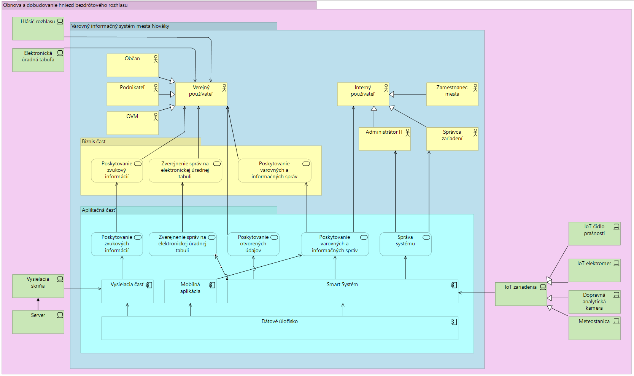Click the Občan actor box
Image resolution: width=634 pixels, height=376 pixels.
132,65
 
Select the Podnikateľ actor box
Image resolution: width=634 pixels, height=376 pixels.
132,94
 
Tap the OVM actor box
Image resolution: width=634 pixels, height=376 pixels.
132,123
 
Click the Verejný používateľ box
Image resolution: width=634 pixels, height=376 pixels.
201,94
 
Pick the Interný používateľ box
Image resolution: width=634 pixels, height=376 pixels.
363,94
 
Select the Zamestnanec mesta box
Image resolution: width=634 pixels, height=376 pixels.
452,94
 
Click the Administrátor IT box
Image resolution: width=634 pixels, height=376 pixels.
385,139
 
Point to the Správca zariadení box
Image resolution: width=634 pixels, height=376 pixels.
452,139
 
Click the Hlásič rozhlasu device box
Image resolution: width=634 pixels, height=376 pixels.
38,28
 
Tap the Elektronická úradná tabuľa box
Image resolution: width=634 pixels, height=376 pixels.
38,60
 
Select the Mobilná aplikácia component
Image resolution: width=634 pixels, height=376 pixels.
190,291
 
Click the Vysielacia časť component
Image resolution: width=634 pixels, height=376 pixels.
127,291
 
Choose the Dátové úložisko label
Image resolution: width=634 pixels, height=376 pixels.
280,322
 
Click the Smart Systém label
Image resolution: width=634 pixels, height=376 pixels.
342,285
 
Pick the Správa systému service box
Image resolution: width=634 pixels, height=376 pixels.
405,244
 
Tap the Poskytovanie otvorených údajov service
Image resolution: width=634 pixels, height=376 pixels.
253,244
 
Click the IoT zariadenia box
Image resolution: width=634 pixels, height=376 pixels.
521,294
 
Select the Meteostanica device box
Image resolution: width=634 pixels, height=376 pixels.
594,328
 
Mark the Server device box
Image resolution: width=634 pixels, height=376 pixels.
38,322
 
